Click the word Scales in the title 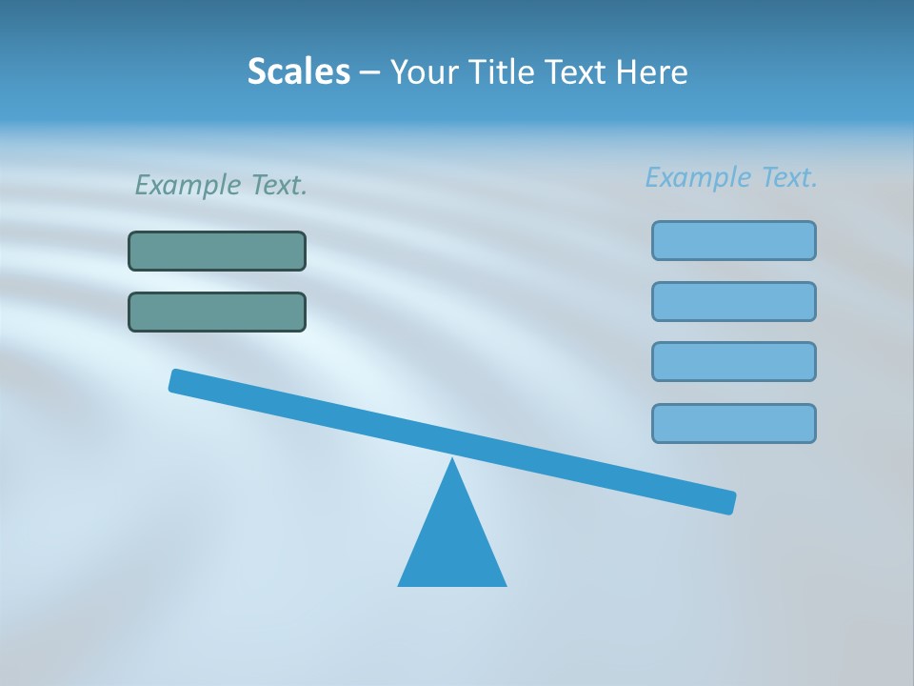click(299, 71)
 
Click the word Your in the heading click(425, 71)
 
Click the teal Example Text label click(221, 185)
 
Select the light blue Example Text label click(731, 177)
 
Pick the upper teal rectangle click(217, 251)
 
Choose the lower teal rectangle click(217, 312)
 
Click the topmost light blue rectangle click(734, 240)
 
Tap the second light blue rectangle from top click(734, 301)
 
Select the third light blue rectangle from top click(734, 361)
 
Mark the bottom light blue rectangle click(734, 423)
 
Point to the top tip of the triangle click(452, 462)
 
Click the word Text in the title click(580, 71)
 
